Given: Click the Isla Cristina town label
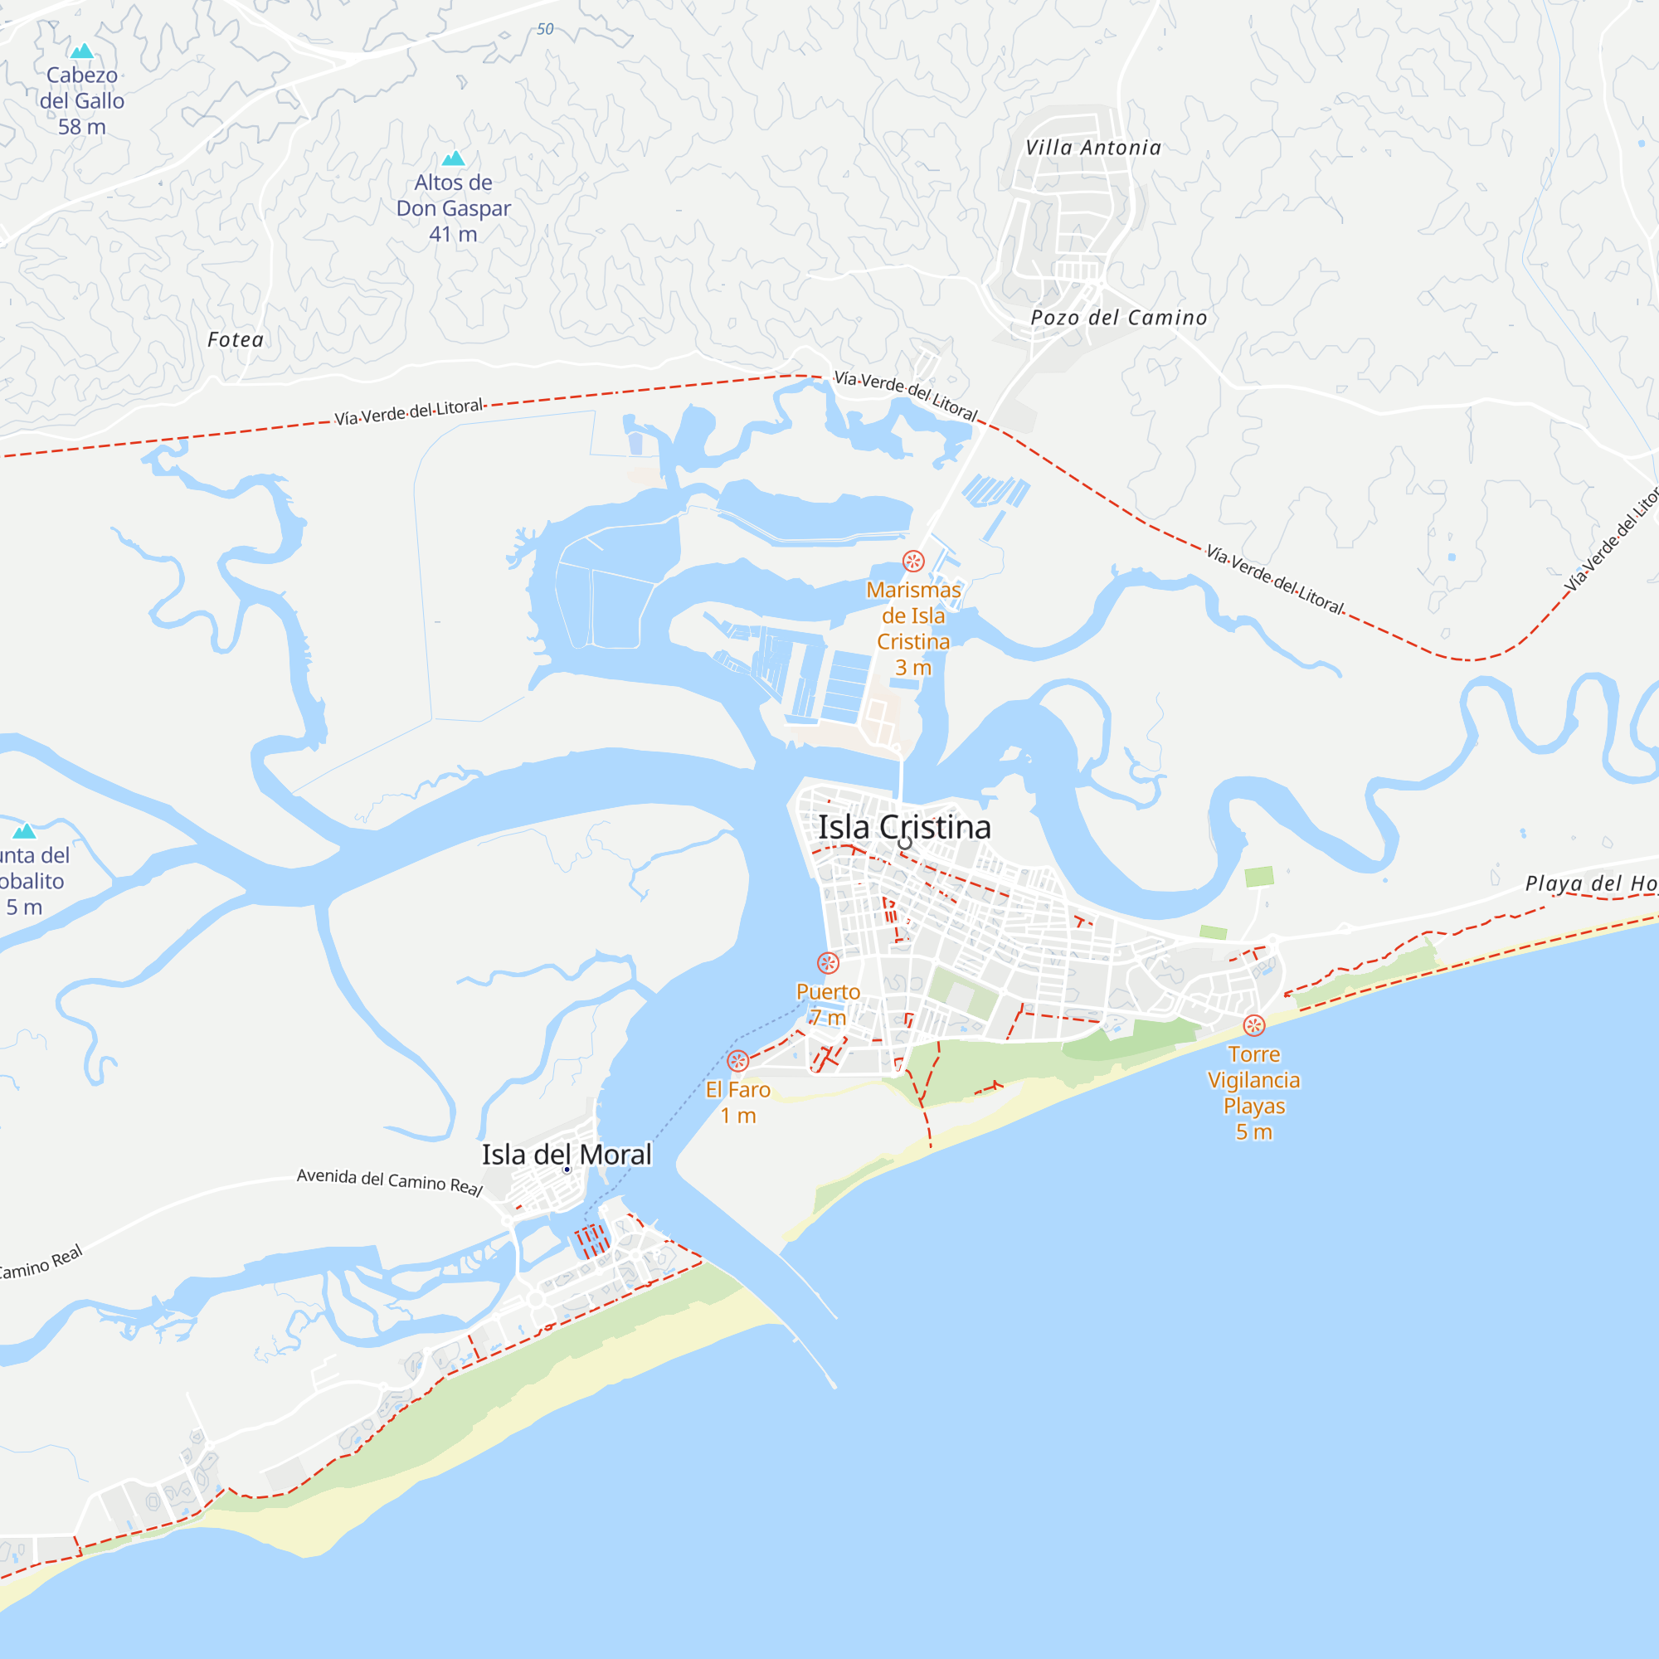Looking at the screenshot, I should [x=904, y=828].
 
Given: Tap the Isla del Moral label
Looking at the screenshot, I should [x=567, y=1155].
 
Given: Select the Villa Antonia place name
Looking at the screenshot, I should [x=1093, y=148].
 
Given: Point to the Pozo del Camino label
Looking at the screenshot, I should [x=1119, y=318].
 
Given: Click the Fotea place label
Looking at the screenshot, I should [x=236, y=340].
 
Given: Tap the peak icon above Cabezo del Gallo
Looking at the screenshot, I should [x=81, y=51].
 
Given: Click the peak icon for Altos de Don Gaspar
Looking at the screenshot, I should [x=454, y=158].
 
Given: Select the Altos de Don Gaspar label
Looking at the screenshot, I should [x=454, y=208].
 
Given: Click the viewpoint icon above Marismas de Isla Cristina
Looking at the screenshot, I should [x=913, y=562].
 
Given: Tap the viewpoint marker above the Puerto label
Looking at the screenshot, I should [x=828, y=963].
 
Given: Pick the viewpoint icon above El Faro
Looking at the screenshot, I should [x=737, y=1062].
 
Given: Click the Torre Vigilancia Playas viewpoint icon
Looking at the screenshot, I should [x=1253, y=1025].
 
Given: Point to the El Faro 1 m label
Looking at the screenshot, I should [x=737, y=1102].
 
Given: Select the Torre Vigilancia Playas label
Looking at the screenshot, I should [x=1253, y=1092].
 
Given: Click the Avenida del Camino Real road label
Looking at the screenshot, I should [x=390, y=1181].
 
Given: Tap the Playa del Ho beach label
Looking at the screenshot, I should [x=1590, y=883].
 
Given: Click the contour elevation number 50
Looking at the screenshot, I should [x=545, y=29].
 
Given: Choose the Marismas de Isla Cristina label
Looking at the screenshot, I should [x=913, y=629].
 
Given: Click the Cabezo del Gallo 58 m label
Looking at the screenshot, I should [x=81, y=100].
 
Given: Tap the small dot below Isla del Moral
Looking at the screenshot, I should [x=567, y=1170].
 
